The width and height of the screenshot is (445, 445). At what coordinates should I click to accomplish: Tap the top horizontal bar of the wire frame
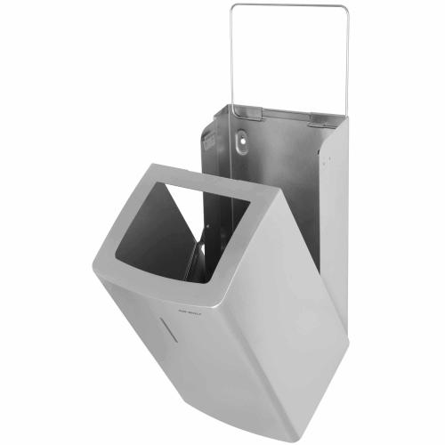click(288, 5)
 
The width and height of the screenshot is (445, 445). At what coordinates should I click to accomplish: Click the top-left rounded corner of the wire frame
click(233, 8)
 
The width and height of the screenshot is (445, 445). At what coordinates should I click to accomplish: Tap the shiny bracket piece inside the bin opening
click(200, 258)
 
